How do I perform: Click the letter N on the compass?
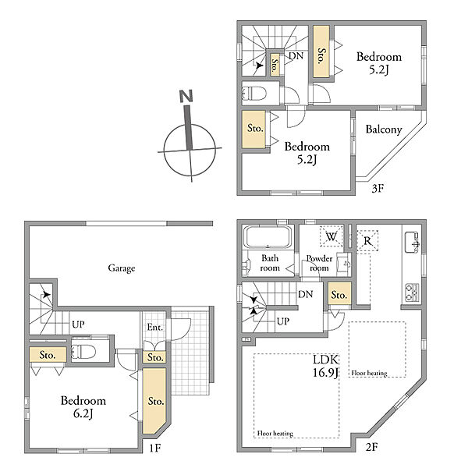click(186, 96)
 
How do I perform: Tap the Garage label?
click(122, 268)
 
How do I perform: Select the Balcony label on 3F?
click(384, 129)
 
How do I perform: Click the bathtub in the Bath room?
click(268, 237)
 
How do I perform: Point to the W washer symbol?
click(331, 236)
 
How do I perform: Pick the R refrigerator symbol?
click(367, 240)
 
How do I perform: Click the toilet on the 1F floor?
click(83, 352)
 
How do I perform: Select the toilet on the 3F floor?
click(254, 93)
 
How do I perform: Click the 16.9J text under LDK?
click(325, 373)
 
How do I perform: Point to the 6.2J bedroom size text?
click(83, 413)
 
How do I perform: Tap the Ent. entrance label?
click(155, 328)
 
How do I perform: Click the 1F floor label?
click(155, 448)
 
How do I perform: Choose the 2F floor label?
click(372, 447)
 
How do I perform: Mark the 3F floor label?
click(378, 188)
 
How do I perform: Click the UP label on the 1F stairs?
click(78, 324)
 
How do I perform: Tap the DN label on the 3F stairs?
click(296, 56)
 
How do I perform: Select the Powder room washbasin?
click(344, 264)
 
